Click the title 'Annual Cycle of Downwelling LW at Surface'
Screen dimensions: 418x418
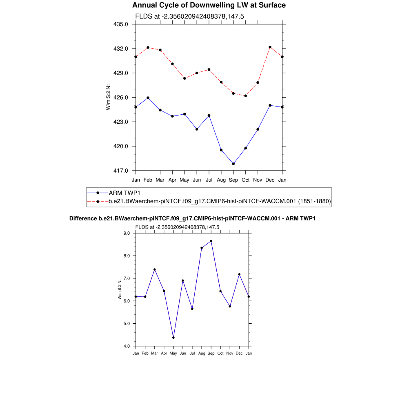click(209, 5)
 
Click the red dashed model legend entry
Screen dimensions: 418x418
click(219, 201)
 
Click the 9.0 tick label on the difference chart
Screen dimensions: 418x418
click(127, 233)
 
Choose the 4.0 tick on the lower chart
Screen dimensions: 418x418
click(127, 346)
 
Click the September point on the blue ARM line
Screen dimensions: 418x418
click(233, 164)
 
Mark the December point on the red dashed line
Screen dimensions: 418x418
click(270, 47)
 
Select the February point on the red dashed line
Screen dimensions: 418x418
click(148, 47)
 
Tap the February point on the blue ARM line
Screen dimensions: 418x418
click(148, 98)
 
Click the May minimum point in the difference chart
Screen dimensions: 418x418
click(173, 338)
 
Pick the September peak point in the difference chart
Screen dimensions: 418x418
click(211, 241)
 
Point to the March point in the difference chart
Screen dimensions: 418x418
click(154, 269)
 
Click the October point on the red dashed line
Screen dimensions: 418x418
click(245, 96)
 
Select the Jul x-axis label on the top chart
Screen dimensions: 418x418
click(209, 180)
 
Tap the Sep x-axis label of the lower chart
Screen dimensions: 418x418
click(211, 353)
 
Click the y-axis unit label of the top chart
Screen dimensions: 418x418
click(108, 97)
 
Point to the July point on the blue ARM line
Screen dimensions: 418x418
click(209, 116)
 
